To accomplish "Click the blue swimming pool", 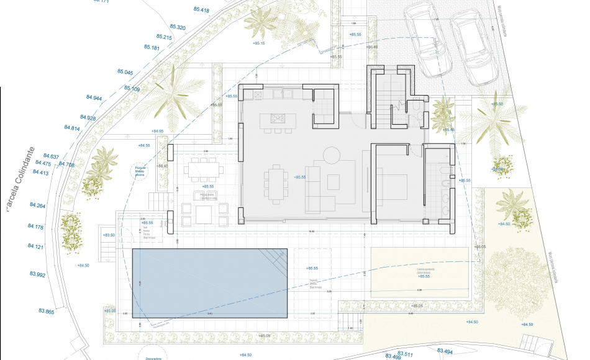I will (x=210, y=283).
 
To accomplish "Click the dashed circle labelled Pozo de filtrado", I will (x=140, y=171).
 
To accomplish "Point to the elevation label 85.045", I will (x=125, y=73).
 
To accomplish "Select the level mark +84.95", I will (x=158, y=131).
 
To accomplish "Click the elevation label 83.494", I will (x=445, y=352).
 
